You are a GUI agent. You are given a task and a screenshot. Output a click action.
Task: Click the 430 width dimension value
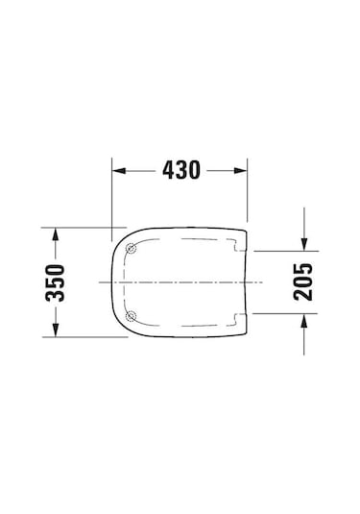click(x=180, y=171)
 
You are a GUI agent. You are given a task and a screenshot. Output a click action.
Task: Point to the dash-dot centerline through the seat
click(x=182, y=281)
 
